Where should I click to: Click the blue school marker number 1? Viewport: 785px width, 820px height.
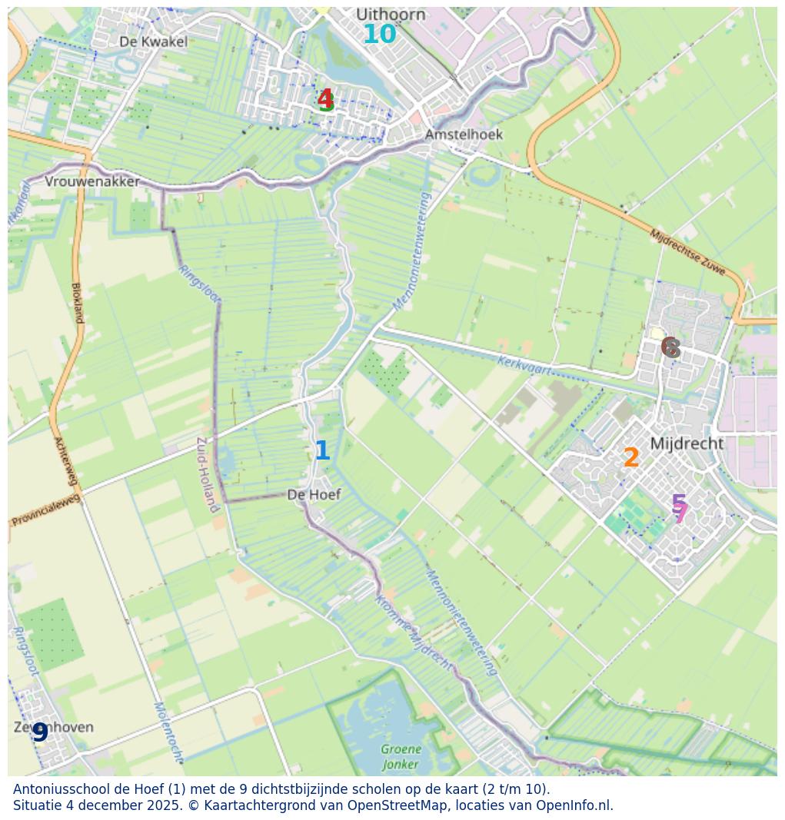click(322, 451)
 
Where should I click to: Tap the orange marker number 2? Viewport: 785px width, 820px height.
click(631, 458)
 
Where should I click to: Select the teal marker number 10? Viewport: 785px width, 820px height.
click(379, 35)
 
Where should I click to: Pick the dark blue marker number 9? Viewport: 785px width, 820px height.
click(40, 733)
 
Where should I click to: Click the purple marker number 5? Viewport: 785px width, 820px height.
click(678, 503)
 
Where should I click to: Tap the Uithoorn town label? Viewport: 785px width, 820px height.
click(391, 15)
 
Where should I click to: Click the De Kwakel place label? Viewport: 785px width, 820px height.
click(154, 41)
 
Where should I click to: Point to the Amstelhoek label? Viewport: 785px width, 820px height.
click(464, 134)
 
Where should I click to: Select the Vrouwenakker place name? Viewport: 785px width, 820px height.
click(92, 182)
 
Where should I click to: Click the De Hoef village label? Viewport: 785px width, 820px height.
click(314, 495)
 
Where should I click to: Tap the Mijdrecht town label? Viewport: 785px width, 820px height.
click(687, 443)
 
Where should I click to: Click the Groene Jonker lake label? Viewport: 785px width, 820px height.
click(401, 756)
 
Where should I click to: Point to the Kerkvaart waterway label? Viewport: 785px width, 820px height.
click(525, 364)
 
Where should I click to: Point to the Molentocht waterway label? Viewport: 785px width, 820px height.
click(168, 731)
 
